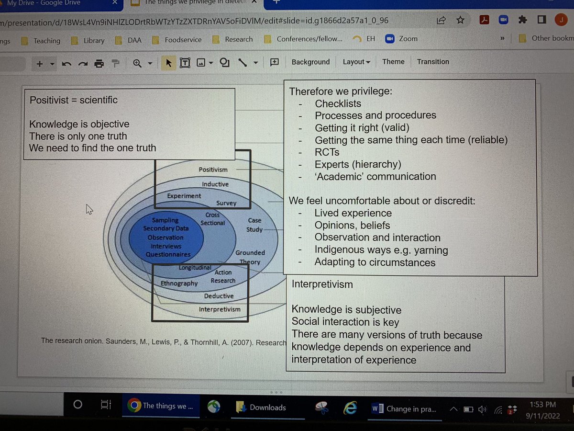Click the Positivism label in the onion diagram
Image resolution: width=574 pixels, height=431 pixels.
[213, 170]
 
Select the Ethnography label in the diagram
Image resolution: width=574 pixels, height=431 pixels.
[179, 284]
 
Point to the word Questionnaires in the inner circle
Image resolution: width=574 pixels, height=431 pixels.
[168, 254]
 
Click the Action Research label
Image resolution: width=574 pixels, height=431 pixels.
[223, 276]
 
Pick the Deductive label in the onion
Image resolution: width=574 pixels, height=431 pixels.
[219, 296]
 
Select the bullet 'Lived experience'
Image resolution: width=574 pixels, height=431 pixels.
[353, 213]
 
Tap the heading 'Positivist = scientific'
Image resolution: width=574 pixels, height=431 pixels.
[73, 100]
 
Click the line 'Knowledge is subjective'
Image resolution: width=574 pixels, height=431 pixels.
[346, 310]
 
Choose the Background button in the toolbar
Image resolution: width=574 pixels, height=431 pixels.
[310, 62]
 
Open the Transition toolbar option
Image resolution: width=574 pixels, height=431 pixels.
[432, 62]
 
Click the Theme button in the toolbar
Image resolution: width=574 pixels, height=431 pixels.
[393, 62]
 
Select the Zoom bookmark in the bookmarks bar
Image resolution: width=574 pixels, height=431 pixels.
[408, 39]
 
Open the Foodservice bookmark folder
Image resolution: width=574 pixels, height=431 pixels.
[183, 40]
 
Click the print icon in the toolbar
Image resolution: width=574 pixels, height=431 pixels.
[99, 63]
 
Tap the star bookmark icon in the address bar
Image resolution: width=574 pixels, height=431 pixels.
[460, 20]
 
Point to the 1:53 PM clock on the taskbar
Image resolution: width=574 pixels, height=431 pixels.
[542, 405]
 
